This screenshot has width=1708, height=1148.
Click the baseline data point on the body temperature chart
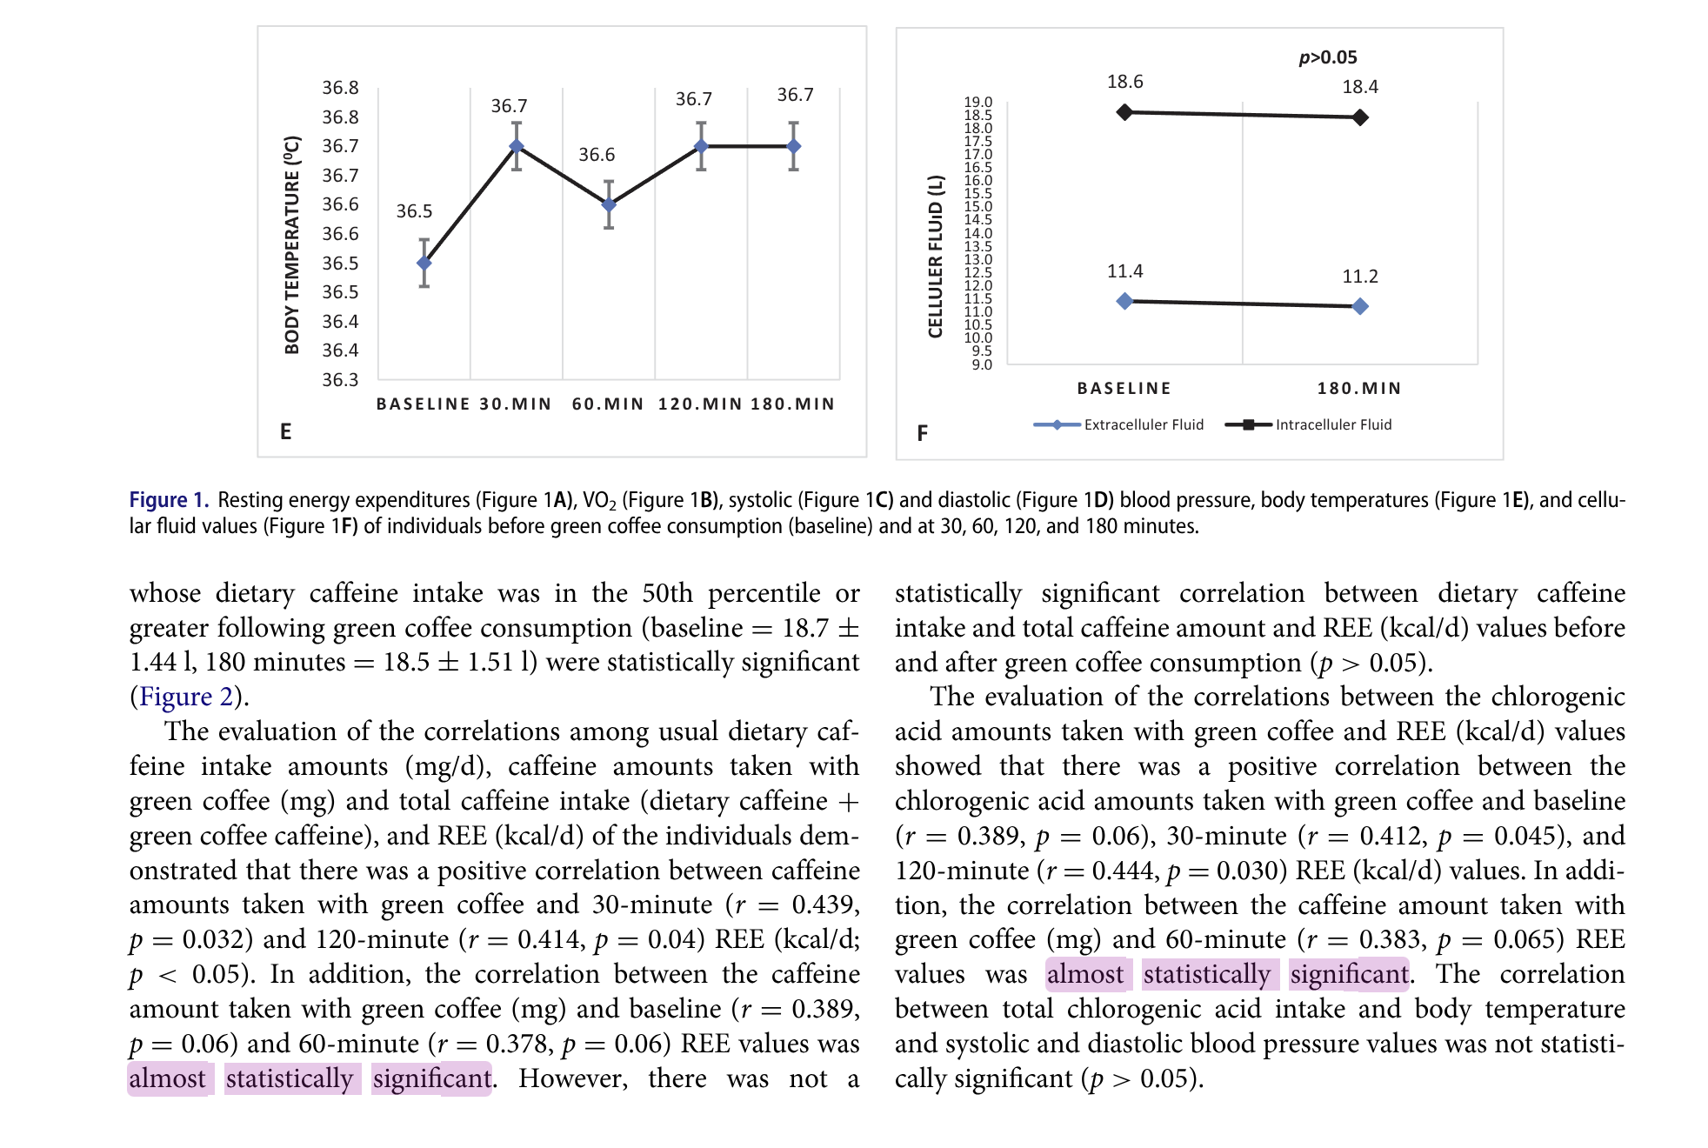point(424,263)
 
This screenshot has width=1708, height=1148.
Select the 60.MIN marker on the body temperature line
point(609,204)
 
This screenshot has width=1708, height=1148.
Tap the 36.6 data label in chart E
point(597,155)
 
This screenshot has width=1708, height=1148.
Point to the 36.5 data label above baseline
point(414,211)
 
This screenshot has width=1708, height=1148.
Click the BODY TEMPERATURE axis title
point(292,245)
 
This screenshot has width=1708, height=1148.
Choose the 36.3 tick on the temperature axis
point(340,380)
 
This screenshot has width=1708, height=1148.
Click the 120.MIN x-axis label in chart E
point(700,404)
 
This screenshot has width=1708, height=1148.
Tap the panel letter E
point(285,431)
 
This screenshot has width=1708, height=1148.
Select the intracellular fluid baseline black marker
point(1124,112)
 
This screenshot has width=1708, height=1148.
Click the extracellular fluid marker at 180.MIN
point(1360,306)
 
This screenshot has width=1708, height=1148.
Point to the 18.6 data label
point(1124,82)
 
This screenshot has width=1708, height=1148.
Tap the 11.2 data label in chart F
point(1360,277)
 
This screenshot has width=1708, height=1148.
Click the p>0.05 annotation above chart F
point(1327,57)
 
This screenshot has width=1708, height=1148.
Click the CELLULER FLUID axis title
point(936,256)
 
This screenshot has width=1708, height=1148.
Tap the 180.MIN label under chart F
point(1359,389)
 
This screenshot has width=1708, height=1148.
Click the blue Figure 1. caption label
point(169,500)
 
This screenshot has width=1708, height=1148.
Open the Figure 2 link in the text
point(186,697)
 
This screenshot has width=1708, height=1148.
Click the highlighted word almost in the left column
point(168,1078)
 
